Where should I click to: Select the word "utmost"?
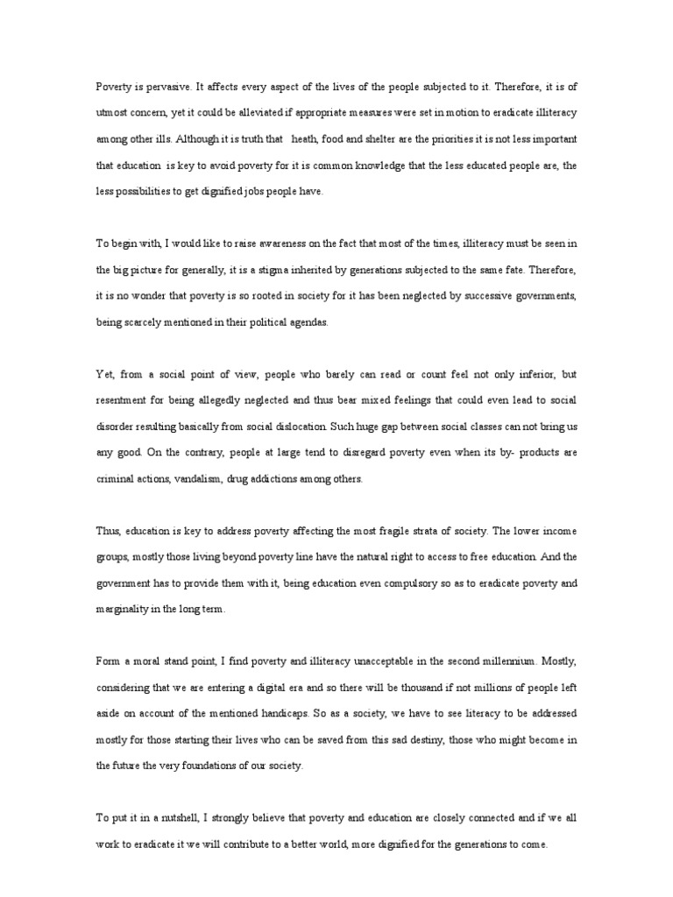click(112, 112)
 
